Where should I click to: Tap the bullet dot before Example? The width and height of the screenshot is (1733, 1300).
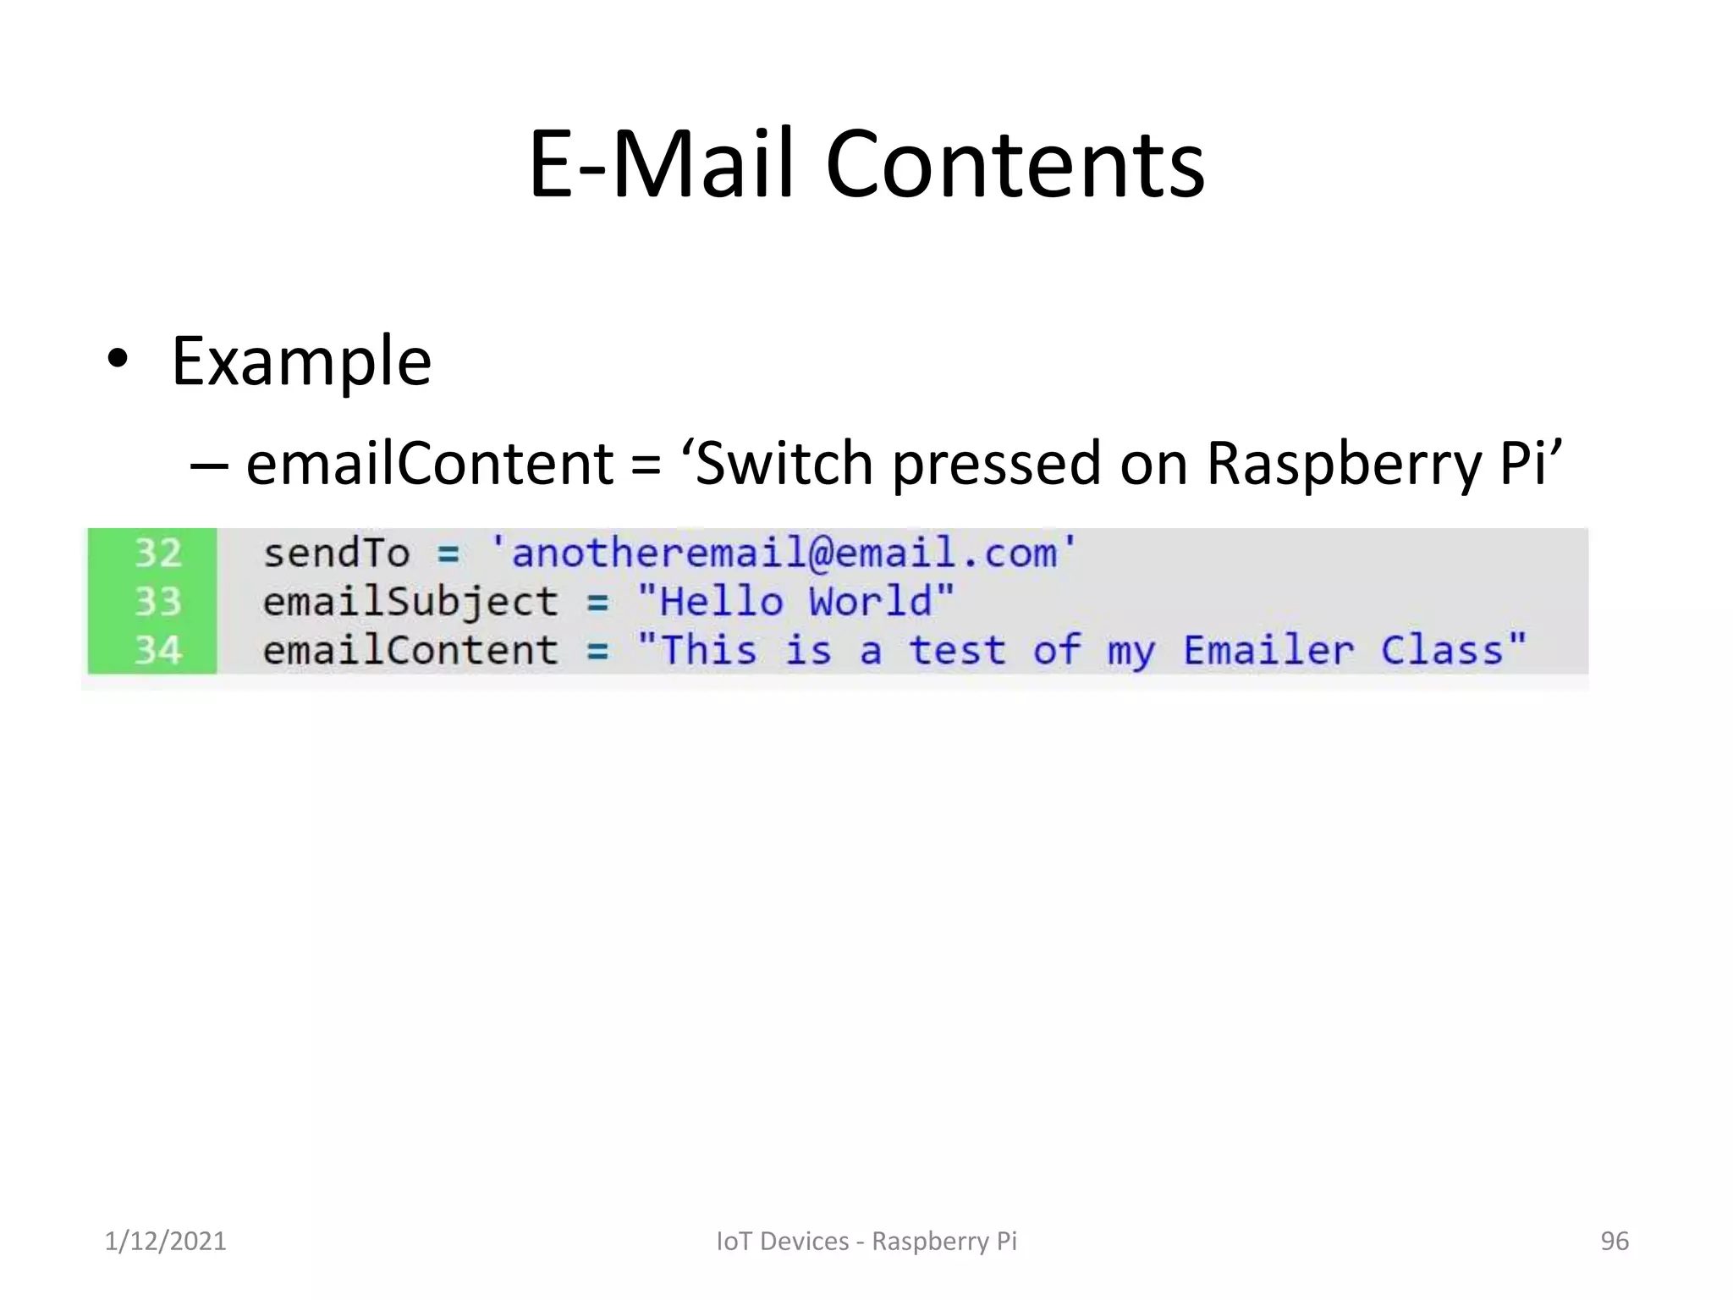[118, 360]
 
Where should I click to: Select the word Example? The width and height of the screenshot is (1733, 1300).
[301, 362]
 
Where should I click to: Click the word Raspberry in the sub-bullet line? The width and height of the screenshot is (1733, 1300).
[1344, 465]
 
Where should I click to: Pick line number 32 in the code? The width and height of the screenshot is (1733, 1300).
[158, 554]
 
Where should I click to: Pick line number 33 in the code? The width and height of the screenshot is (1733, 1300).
[158, 602]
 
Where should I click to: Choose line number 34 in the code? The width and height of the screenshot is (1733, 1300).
[158, 651]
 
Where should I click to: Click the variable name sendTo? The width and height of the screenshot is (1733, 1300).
[336, 554]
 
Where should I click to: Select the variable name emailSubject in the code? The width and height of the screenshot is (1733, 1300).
[410, 603]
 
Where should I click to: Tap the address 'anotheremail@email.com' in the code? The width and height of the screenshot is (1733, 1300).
[784, 554]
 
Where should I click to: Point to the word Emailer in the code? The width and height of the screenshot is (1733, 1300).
[1268, 651]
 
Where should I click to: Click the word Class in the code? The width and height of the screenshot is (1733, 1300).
[1442, 651]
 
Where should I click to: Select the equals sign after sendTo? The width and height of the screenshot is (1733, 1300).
[448, 555]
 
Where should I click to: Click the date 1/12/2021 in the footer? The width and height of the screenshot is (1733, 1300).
[165, 1241]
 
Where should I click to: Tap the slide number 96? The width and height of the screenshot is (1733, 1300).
[1615, 1241]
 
